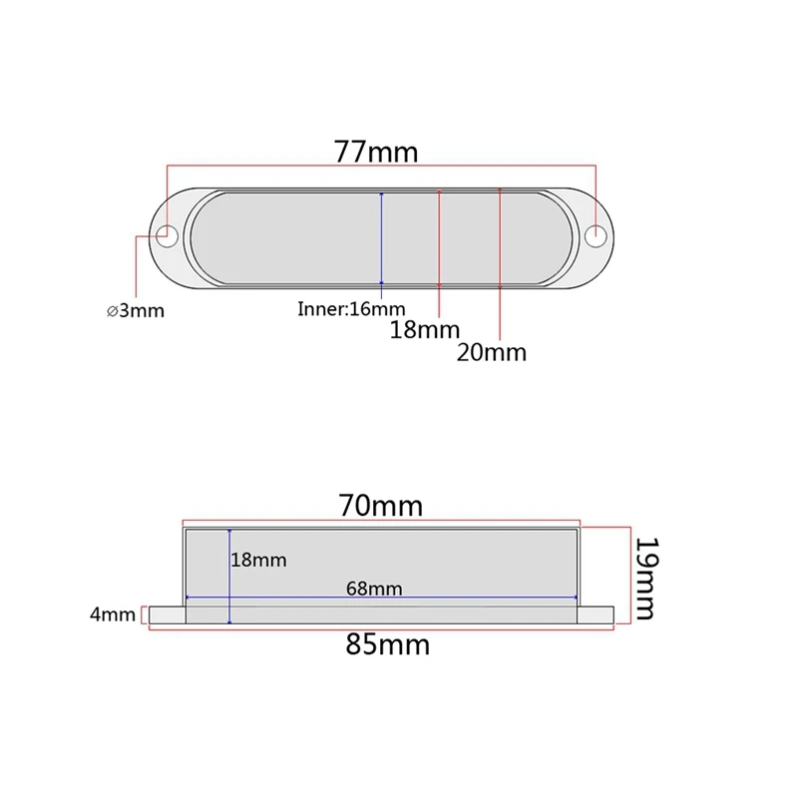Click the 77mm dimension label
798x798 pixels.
point(376,152)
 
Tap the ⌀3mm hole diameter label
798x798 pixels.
point(136,310)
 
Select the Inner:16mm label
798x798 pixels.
point(351,309)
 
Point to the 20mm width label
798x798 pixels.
point(491,352)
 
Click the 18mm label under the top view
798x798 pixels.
point(425,330)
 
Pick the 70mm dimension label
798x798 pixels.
point(381,506)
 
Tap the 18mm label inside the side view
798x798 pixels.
point(258,560)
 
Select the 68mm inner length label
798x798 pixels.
point(374,589)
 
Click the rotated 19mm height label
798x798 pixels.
point(647,579)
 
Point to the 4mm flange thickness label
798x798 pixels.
point(113,614)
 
